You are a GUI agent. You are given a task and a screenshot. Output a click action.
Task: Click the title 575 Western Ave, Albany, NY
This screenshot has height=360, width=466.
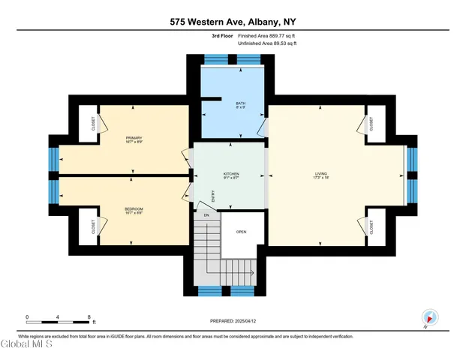(233, 23)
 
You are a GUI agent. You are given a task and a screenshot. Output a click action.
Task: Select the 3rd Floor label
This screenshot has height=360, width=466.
(223, 36)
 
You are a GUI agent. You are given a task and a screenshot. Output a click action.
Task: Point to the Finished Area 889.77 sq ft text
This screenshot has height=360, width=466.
(267, 36)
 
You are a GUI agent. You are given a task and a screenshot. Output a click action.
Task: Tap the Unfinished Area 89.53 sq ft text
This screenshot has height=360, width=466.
(267, 43)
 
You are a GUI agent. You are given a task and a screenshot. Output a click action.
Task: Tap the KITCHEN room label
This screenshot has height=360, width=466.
(231, 174)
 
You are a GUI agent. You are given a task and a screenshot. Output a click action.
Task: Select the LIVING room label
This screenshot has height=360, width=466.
(320, 174)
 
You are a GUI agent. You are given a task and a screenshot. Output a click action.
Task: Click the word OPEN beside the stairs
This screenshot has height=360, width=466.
(241, 232)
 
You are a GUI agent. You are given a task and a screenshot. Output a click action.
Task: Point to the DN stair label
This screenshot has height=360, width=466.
(206, 216)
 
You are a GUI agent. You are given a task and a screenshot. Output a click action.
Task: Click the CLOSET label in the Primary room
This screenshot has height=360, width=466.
(94, 123)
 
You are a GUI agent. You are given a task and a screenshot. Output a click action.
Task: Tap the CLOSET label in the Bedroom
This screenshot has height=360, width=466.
(94, 226)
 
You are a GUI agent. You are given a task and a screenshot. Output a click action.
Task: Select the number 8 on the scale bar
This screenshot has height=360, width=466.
(89, 317)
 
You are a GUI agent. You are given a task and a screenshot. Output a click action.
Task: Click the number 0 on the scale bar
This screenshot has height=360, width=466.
(26, 317)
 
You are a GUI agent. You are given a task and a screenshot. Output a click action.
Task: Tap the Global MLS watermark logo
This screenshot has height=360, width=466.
(26, 345)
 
